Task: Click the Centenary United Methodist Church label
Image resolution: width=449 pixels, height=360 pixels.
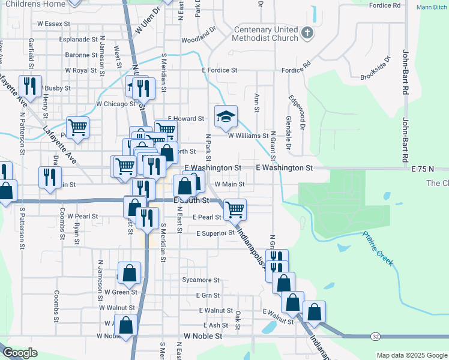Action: pos(266,34)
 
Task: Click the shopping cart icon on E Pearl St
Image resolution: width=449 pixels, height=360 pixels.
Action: pos(235,209)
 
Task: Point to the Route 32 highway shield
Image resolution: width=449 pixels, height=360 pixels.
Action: pos(375,338)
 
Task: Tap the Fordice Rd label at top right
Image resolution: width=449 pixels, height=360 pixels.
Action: pos(385,5)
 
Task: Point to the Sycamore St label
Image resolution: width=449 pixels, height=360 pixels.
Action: pos(202,280)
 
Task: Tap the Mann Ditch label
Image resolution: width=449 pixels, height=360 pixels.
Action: pos(432,8)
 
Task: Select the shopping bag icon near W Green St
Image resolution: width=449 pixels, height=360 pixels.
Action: pos(129,274)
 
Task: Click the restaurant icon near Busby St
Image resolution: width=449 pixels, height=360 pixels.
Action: pos(29,86)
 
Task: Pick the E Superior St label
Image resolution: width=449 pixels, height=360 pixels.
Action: pos(215,233)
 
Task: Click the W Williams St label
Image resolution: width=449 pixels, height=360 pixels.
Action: pos(247,136)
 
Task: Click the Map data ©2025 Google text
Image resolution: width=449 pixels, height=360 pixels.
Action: pos(412,355)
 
